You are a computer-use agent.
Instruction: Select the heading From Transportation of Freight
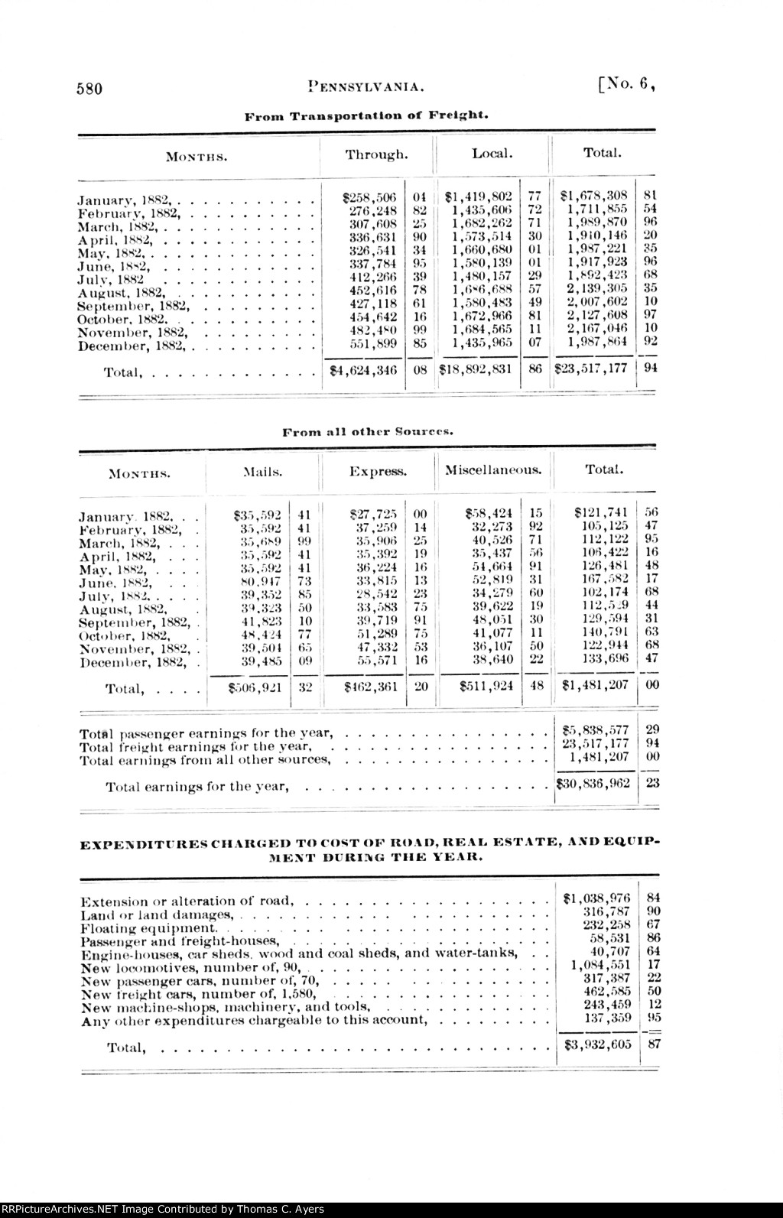[x=366, y=115]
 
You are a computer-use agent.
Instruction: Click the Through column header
[x=376, y=154]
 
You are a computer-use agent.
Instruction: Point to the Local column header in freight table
[x=490, y=154]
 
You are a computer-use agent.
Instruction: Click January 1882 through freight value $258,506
[x=369, y=197]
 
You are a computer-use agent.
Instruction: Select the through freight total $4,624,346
[x=364, y=369]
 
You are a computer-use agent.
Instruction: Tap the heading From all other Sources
[x=369, y=431]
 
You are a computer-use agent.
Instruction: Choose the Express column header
[x=378, y=472]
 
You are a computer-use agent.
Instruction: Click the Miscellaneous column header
[x=494, y=469]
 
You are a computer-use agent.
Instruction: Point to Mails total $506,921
[x=255, y=687]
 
